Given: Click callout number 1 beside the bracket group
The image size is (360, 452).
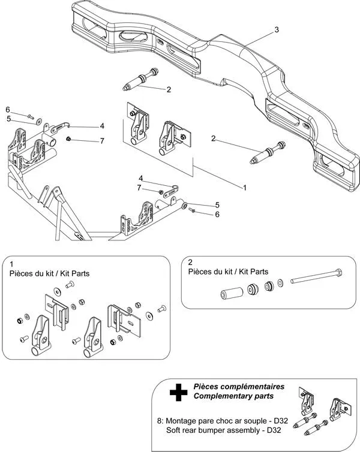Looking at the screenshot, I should coord(245,187).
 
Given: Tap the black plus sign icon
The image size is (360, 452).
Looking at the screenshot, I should coord(178,393).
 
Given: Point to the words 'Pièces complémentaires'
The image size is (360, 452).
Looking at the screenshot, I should coord(239,387).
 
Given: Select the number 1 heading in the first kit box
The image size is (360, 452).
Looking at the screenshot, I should coord(11,263).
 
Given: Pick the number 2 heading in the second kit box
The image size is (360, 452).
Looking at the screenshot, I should coord(190,262).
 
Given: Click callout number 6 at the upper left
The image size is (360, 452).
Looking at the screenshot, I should coord(8,109).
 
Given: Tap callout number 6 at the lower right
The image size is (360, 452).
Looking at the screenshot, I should coord(217,214).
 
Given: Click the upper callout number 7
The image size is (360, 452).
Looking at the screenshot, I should coord(102,140).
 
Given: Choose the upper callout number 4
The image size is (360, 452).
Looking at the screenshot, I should coord(102,126).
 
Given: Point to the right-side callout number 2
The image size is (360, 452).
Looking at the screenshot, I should coord(213,138).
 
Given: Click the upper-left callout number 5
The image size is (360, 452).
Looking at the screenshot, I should coord(8,119).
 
